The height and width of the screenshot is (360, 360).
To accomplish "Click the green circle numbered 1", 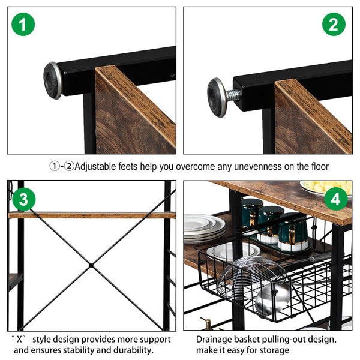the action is pyautogui.click(x=23, y=25).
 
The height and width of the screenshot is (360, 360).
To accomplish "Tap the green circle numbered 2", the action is pyautogui.click(x=334, y=25).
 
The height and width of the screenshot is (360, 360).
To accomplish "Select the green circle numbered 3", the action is pyautogui.click(x=24, y=199).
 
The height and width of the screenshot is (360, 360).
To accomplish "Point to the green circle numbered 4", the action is pyautogui.click(x=336, y=199).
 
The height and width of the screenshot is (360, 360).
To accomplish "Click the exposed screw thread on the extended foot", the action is pyautogui.click(x=233, y=95).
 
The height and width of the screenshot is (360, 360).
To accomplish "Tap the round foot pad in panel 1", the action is pyautogui.click(x=53, y=80).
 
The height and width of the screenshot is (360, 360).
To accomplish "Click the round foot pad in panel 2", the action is pyautogui.click(x=217, y=97).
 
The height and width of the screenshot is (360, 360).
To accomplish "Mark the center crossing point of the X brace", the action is pyautogui.click(x=91, y=265).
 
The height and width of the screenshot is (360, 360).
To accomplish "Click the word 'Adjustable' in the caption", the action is pyautogui.click(x=95, y=167).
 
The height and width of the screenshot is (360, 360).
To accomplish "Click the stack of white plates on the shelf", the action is pyautogui.click(x=205, y=228).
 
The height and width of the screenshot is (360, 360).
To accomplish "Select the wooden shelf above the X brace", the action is pyautogui.click(x=92, y=215).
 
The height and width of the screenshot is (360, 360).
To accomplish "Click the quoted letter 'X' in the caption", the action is pyautogui.click(x=19, y=339).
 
